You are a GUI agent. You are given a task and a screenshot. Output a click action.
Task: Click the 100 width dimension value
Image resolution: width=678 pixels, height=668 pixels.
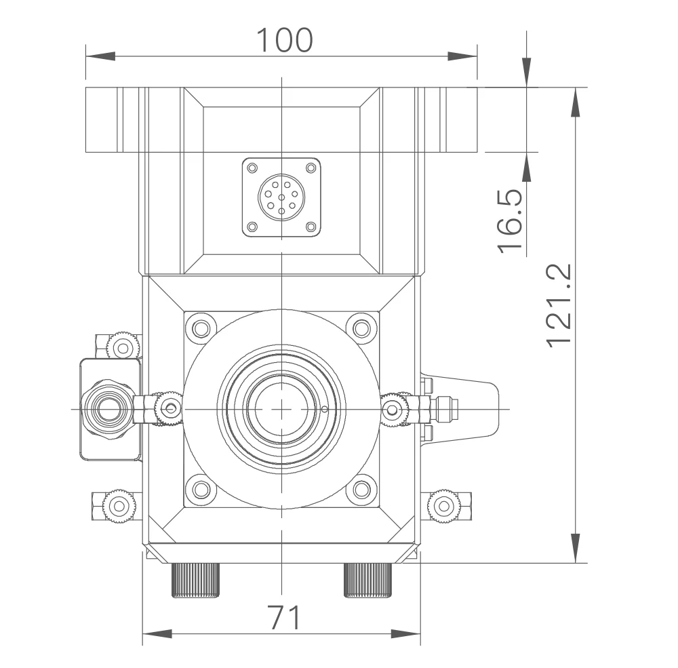[x=284, y=40]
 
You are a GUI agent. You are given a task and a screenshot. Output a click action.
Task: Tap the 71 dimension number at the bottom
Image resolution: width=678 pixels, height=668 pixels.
[x=284, y=617]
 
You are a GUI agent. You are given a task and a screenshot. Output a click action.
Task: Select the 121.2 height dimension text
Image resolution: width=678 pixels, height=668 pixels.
[x=559, y=305]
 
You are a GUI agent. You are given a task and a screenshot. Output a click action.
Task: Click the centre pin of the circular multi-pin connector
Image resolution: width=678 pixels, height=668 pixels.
[x=281, y=197]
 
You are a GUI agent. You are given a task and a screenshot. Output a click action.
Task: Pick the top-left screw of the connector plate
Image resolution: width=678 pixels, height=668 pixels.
[x=252, y=168]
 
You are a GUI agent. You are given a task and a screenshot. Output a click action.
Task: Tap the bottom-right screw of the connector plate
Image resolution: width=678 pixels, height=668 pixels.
[x=311, y=227]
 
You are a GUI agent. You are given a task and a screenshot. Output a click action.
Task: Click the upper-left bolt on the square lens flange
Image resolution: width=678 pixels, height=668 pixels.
[x=201, y=329]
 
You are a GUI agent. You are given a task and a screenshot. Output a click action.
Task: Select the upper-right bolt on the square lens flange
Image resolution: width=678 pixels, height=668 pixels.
[x=362, y=329]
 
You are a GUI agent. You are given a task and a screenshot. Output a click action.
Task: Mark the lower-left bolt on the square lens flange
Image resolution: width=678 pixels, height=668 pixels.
[x=201, y=490]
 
